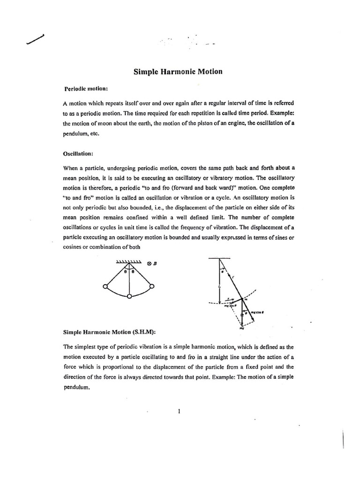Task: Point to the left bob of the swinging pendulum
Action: pos(105,286)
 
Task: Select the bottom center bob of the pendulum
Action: pos(129,296)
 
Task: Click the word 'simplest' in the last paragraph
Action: pos(88,347)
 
